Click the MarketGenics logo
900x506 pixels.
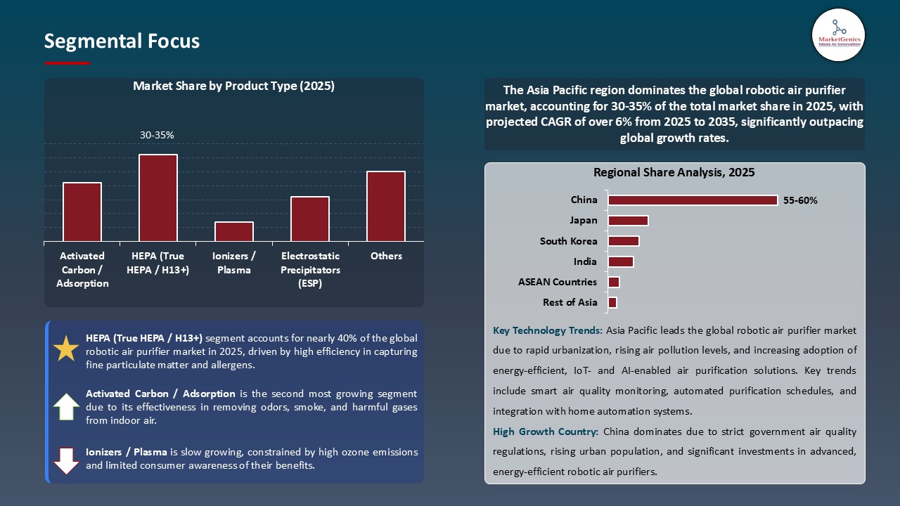838,34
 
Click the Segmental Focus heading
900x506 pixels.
122,41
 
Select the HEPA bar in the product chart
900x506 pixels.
158,197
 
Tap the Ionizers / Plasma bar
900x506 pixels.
234,231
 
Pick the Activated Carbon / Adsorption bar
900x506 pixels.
82,212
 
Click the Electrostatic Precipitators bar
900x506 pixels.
310,219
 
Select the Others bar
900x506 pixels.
386,206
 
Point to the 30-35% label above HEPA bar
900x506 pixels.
157,135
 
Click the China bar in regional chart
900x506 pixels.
693,200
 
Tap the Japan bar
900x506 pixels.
628,221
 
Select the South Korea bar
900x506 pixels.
624,241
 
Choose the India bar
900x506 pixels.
621,261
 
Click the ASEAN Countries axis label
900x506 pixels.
558,282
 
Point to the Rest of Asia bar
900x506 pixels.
612,302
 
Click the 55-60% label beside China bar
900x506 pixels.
800,200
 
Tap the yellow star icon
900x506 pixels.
66,349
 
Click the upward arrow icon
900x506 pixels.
66,406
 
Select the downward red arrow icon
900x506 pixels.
66,460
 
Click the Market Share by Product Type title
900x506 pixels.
233,86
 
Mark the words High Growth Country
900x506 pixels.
546,432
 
